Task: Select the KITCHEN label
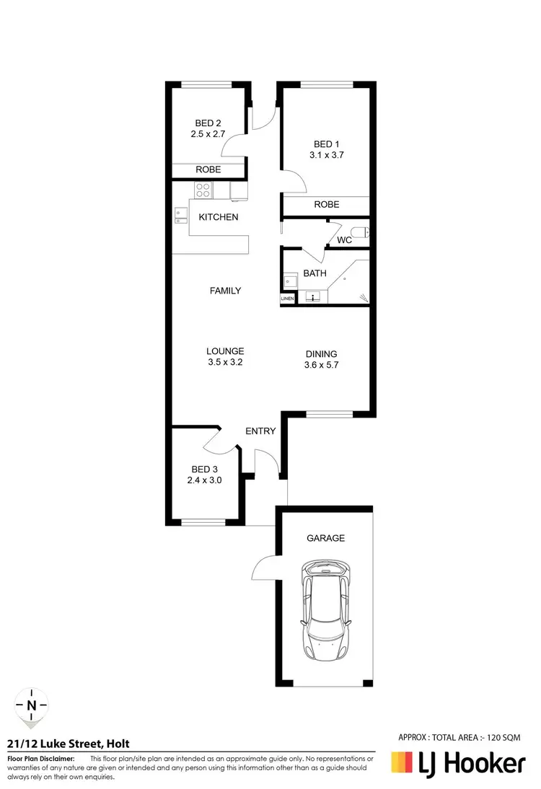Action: pos(219,217)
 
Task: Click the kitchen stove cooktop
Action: pos(202,190)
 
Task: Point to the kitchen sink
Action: pos(180,216)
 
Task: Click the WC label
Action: pos(344,240)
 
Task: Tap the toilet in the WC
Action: pos(364,232)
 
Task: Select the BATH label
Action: pos(315,273)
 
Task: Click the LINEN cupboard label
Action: pos(288,298)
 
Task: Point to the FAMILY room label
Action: pos(225,291)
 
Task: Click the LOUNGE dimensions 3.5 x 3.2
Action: pos(225,363)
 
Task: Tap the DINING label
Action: pos(322,353)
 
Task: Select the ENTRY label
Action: pos(260,431)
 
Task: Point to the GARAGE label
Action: pos(326,538)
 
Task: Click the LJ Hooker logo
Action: pos(457,763)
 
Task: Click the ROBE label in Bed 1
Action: pos(326,205)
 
